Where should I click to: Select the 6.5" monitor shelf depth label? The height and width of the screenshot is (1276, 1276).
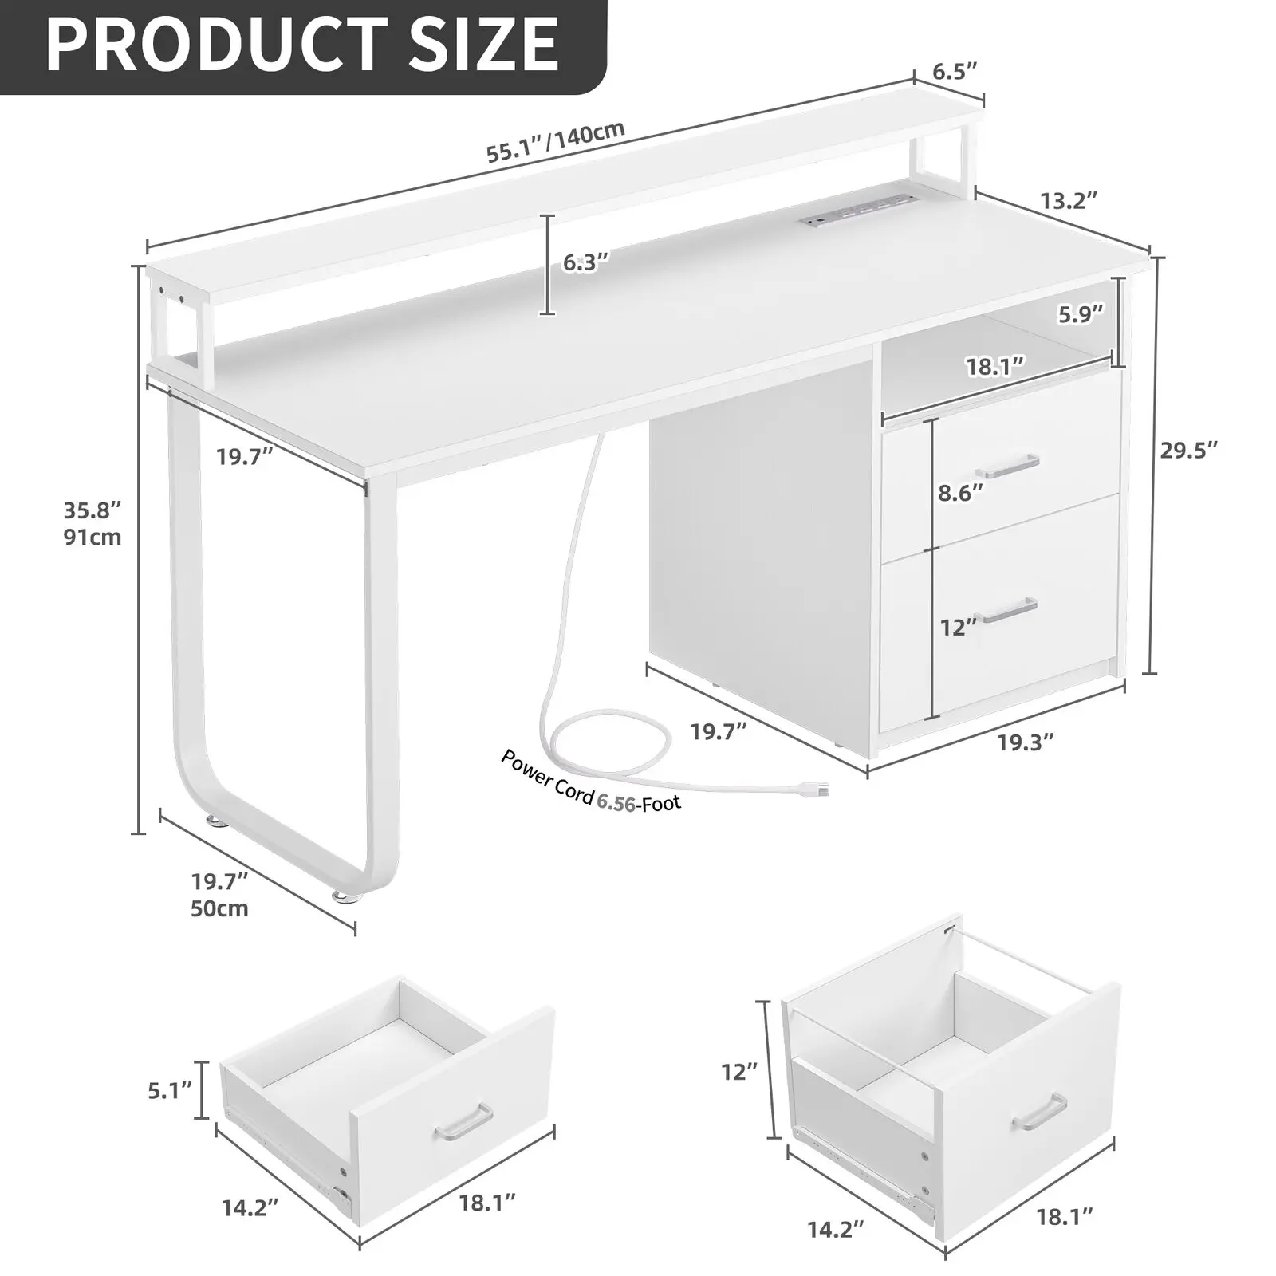[x=955, y=72]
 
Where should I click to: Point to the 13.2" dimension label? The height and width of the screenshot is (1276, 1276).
[x=1069, y=200]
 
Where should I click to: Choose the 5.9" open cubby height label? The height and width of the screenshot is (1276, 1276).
[x=1081, y=314]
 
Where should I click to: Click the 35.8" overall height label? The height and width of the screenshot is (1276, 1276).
[x=93, y=509]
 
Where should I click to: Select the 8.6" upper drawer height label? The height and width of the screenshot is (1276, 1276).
[x=960, y=494]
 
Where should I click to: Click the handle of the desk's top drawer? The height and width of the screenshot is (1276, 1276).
[x=1010, y=465]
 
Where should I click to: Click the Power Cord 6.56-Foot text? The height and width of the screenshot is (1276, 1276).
[x=591, y=781]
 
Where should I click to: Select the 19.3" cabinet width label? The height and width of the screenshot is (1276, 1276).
[x=1026, y=742]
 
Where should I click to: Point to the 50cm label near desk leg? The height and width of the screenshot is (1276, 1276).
[x=219, y=908]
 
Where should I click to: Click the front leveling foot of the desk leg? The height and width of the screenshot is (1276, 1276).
[x=346, y=897]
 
